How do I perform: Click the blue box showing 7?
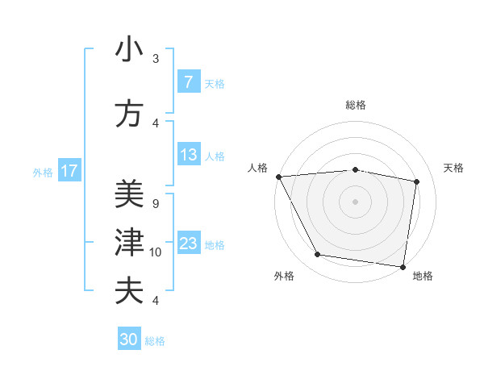coord(188,82)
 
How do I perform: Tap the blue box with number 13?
coord(188,155)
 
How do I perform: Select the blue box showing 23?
coord(188,244)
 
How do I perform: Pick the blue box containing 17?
coord(69,171)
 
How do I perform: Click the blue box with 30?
coord(129,339)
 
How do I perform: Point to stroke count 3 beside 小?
coord(156,59)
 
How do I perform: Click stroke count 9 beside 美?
coord(156,204)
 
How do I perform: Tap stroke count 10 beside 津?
coord(156,252)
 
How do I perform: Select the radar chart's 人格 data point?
coord(278,177)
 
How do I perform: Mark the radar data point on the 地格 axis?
coord(403,266)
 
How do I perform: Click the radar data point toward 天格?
coord(416,181)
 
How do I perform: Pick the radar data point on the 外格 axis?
coord(318,255)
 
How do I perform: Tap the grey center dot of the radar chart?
coord(356,202)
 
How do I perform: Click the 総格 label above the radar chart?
coord(356,105)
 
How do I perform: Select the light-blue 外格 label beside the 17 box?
coord(43,172)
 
